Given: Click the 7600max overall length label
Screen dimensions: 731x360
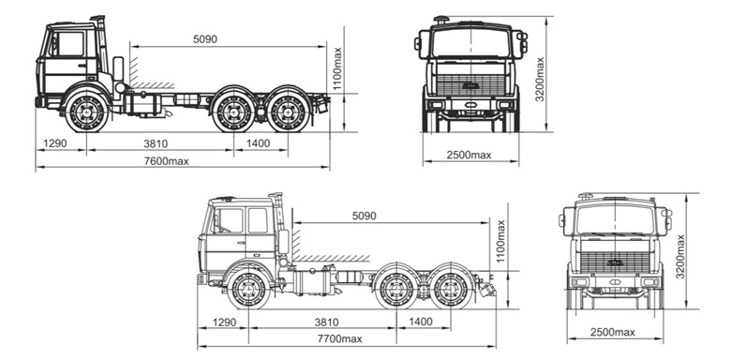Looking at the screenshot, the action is pyautogui.click(x=167, y=161).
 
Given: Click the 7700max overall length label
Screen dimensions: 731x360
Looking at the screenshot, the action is pyautogui.click(x=340, y=339).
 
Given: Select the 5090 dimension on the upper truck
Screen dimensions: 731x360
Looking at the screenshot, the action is pyautogui.click(x=205, y=39).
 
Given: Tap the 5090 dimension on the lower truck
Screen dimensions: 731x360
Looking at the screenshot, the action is pyautogui.click(x=365, y=216).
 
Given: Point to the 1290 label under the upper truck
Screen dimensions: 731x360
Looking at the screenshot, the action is pyautogui.click(x=55, y=143).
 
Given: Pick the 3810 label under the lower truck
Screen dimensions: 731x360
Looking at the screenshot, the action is pyautogui.click(x=326, y=322).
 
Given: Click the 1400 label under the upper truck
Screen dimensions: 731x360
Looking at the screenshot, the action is pyautogui.click(x=258, y=143).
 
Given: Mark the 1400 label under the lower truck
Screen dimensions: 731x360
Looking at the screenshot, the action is pyautogui.click(x=421, y=322).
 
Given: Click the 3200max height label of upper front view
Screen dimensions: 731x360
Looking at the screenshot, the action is pyautogui.click(x=540, y=80).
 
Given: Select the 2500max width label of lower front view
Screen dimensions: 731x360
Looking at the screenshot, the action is pyautogui.click(x=613, y=333).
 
